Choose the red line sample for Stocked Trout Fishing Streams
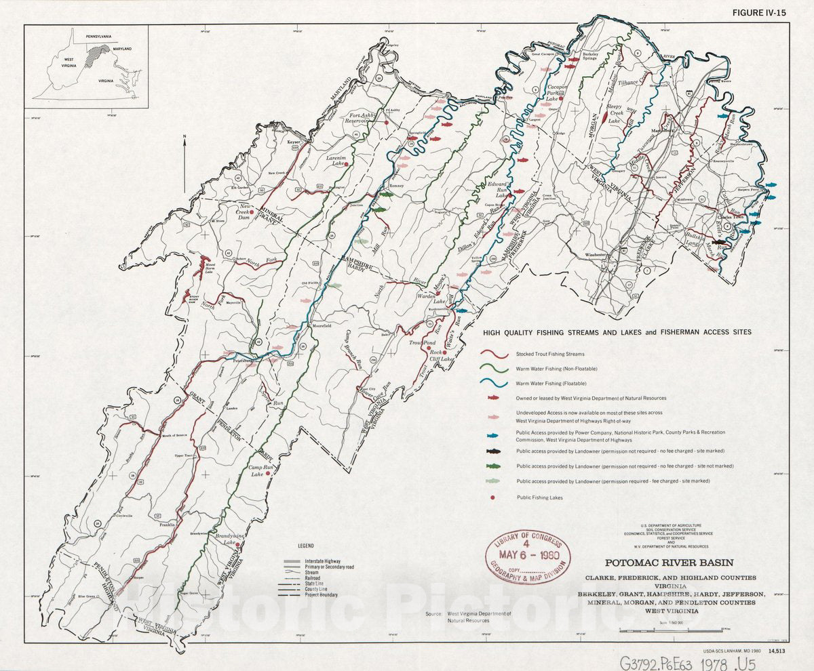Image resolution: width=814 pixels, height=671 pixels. click(495, 354)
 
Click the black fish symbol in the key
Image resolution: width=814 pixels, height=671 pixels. click(495, 451)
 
